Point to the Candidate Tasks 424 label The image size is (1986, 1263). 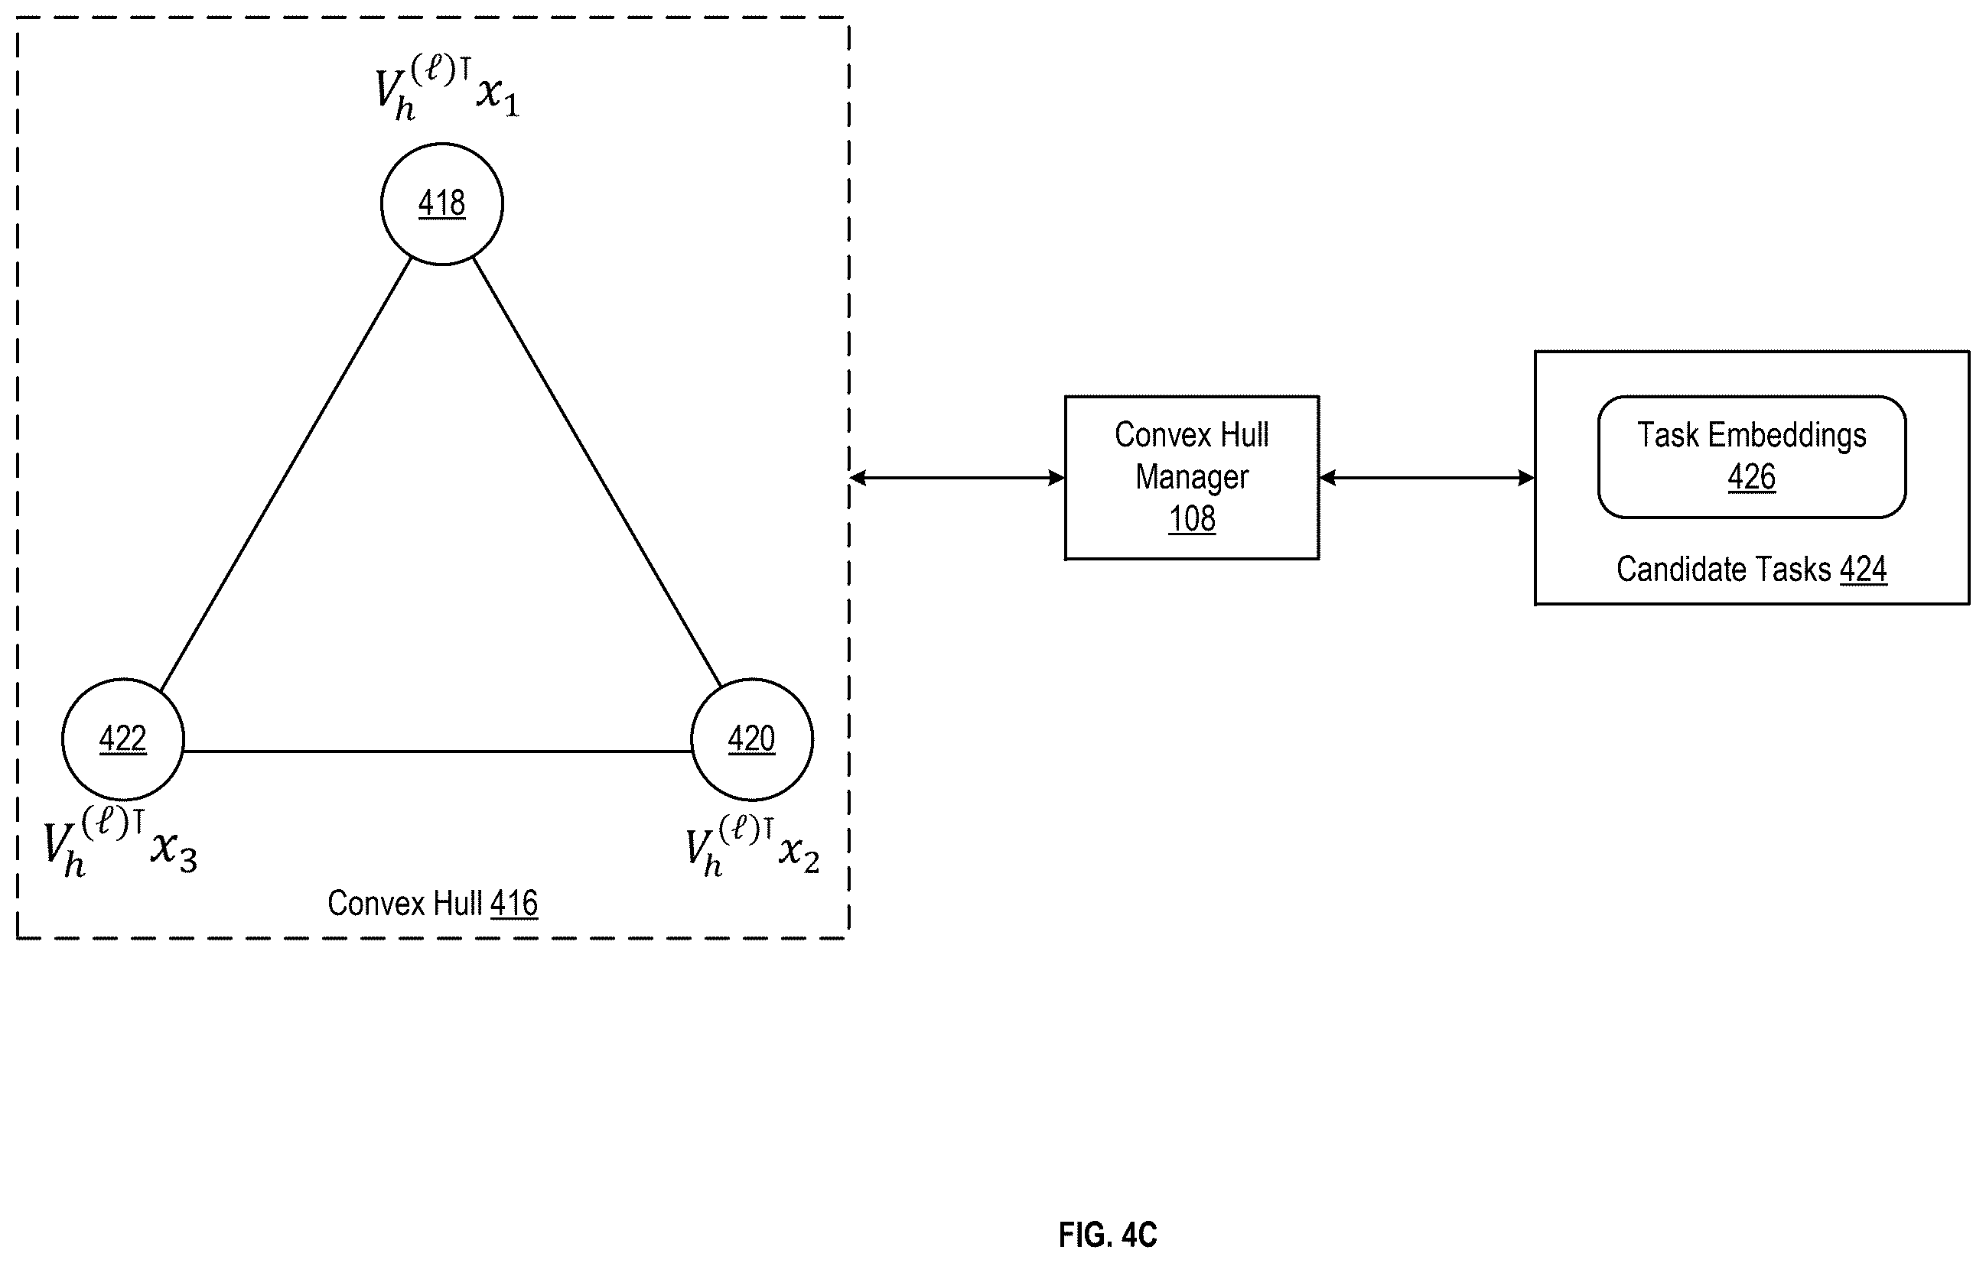click(1752, 570)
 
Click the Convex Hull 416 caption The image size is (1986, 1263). click(433, 904)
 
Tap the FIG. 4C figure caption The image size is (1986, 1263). click(1108, 1235)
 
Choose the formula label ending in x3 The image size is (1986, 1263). click(120, 843)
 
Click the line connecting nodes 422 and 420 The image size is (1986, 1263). click(437, 751)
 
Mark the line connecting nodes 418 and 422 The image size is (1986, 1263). click(285, 474)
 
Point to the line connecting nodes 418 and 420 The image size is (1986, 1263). click(598, 472)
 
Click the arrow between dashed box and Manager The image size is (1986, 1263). click(957, 477)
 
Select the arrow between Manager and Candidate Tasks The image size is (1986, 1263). click(1427, 477)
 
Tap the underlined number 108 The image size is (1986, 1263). click(1192, 519)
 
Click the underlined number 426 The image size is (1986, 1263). click(1752, 477)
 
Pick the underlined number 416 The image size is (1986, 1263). click(515, 904)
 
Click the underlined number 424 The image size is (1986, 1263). click(1864, 570)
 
